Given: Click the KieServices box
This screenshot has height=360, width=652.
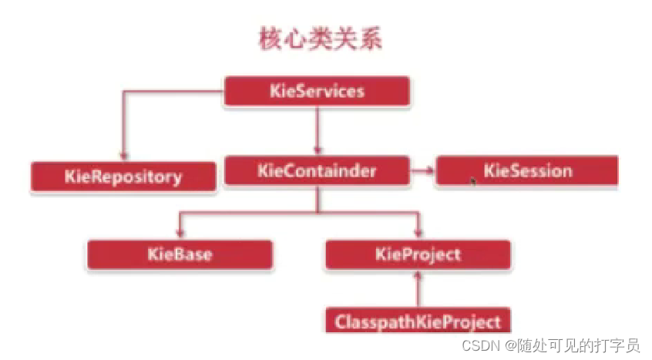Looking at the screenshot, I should (317, 92).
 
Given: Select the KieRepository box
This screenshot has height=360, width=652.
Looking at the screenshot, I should (123, 177).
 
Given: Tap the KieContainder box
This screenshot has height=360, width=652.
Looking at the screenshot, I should (317, 170).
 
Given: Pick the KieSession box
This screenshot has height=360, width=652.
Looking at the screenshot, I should (527, 170).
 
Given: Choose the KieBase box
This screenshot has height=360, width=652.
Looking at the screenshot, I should (180, 254).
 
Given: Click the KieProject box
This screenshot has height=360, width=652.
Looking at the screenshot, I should (418, 254).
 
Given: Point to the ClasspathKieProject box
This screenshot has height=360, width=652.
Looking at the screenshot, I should (418, 321).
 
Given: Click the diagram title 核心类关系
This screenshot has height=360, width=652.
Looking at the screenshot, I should (319, 40).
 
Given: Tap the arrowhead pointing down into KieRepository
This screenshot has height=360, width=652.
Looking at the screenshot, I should (122, 156).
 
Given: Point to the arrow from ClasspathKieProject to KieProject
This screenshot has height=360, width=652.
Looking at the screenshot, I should (418, 289).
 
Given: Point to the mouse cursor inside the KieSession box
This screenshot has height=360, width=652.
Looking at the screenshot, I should (472, 180).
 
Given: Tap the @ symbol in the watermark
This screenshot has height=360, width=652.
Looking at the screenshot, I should (511, 345).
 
